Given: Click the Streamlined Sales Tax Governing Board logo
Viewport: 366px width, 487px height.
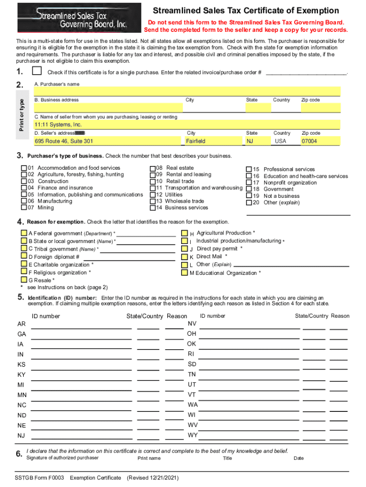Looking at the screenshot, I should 78,18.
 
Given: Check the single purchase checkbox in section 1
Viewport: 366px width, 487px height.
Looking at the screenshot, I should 37,71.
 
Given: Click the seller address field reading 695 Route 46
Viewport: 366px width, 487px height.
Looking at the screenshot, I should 108,141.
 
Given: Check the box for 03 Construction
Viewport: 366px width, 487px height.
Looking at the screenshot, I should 24,181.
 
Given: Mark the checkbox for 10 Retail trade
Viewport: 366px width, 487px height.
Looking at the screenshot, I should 153,181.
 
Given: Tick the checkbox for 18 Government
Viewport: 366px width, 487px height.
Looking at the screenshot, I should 249,189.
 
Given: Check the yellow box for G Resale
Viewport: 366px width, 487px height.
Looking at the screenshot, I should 24,281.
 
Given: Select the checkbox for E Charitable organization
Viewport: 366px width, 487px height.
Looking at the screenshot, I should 24,264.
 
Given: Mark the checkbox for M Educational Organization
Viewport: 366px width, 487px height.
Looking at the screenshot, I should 184,273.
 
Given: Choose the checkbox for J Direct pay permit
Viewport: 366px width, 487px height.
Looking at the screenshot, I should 184,249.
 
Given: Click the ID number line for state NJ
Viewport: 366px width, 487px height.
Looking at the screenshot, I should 81,437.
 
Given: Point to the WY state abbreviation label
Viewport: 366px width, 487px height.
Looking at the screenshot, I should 192,435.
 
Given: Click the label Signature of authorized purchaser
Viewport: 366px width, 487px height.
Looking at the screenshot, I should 63,458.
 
